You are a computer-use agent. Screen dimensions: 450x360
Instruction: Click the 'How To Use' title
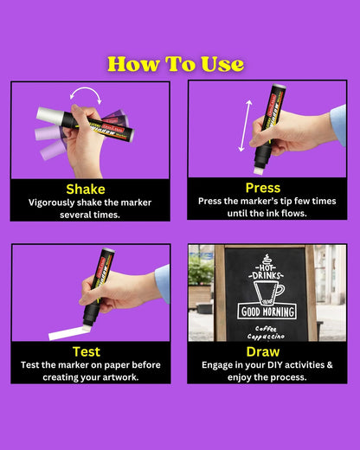coord(176,64)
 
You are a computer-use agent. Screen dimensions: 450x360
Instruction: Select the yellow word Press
coord(263,187)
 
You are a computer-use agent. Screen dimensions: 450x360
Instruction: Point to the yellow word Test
coord(87,351)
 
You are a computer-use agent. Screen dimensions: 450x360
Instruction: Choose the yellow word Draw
coord(263,351)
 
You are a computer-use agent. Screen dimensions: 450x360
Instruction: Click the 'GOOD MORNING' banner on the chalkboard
coord(267,312)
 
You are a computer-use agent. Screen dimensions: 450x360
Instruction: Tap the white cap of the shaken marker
coord(49,115)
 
